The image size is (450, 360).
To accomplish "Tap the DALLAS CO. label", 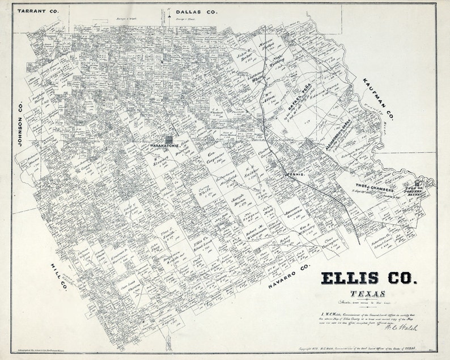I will (196, 11).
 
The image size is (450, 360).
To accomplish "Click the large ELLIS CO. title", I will (369, 278).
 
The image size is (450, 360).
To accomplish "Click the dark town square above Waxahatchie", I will (169, 138).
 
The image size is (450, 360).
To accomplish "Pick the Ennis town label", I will (295, 175).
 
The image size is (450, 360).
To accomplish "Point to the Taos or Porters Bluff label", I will (415, 188).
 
